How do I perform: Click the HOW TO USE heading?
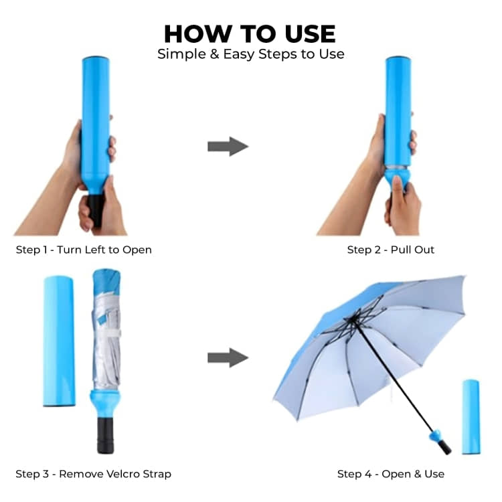(x=250, y=34)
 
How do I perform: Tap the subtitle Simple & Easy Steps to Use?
(x=251, y=54)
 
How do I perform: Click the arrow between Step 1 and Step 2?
(x=228, y=147)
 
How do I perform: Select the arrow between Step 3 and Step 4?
(x=228, y=357)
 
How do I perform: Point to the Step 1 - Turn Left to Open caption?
(x=84, y=250)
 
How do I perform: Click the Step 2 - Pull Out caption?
(x=391, y=250)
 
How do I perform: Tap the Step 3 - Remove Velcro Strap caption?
(x=93, y=474)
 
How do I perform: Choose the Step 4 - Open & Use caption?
(x=391, y=474)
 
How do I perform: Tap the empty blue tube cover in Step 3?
(x=59, y=341)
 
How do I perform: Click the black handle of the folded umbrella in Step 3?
(x=105, y=436)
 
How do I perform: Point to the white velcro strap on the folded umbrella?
(x=109, y=333)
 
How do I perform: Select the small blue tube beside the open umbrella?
(x=471, y=417)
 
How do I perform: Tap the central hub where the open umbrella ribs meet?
(x=353, y=319)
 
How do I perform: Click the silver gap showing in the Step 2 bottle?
(x=398, y=168)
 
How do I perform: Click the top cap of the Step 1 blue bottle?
(x=96, y=60)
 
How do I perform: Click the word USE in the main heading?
(x=310, y=34)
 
